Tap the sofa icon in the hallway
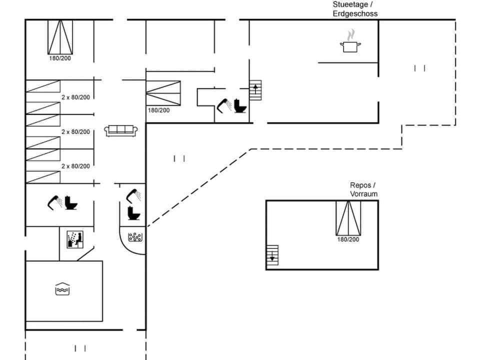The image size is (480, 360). pyautogui.click(x=121, y=130)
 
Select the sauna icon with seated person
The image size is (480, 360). pyautogui.click(x=74, y=239)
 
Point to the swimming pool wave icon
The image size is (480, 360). pyautogui.click(x=62, y=288)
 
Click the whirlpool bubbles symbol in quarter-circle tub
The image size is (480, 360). pyautogui.click(x=135, y=237)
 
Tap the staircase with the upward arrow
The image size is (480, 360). pyautogui.click(x=255, y=90)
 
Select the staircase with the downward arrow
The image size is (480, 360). pyautogui.click(x=272, y=254)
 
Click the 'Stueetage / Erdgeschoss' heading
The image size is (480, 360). pyautogui.click(x=355, y=9)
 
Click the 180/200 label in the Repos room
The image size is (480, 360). pyautogui.click(x=348, y=239)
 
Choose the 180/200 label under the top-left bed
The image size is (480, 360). pyautogui.click(x=59, y=58)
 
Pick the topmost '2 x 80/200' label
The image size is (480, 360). pyautogui.click(x=75, y=97)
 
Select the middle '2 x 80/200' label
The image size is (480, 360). pyautogui.click(x=75, y=131)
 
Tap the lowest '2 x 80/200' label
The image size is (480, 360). pyautogui.click(x=75, y=166)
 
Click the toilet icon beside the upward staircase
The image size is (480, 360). pyautogui.click(x=240, y=106)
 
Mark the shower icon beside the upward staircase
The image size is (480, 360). pyautogui.click(x=223, y=104)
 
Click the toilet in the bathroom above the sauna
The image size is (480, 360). pyautogui.click(x=71, y=203)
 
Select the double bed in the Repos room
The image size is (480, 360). pyautogui.click(x=348, y=217)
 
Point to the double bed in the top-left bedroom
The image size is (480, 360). pyautogui.click(x=60, y=37)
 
